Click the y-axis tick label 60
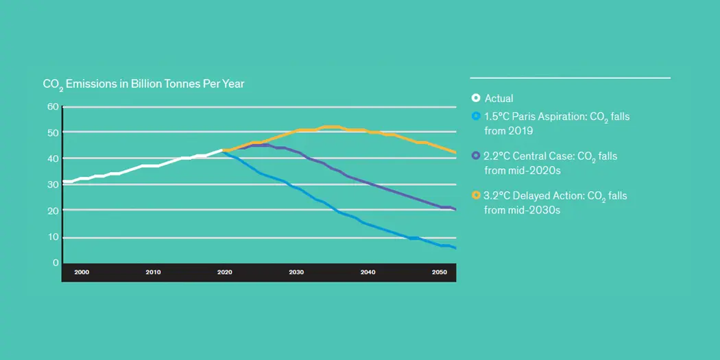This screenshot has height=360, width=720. (x=52, y=106)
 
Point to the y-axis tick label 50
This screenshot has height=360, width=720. (x=52, y=132)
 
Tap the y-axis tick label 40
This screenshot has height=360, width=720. (x=52, y=158)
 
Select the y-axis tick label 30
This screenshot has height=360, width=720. (x=52, y=184)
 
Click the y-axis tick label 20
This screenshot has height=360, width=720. (x=52, y=211)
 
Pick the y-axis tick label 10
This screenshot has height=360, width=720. (x=52, y=237)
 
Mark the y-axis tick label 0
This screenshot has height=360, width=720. (x=56, y=263)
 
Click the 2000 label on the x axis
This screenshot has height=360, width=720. (x=82, y=272)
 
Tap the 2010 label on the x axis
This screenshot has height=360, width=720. (x=153, y=272)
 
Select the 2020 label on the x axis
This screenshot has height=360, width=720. (x=224, y=272)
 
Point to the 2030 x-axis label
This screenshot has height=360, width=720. (x=296, y=272)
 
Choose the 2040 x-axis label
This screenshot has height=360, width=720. (x=368, y=272)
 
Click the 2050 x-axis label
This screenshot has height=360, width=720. (x=439, y=272)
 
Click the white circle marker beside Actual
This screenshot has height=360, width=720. (x=476, y=98)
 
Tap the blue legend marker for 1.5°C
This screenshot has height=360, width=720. (x=476, y=117)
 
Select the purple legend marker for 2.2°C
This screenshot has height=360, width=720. (x=476, y=156)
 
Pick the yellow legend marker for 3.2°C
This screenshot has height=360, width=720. (x=476, y=196)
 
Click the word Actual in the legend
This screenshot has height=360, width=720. (x=499, y=98)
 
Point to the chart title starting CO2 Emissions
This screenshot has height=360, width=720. (x=143, y=84)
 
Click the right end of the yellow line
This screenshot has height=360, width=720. (x=455, y=152)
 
